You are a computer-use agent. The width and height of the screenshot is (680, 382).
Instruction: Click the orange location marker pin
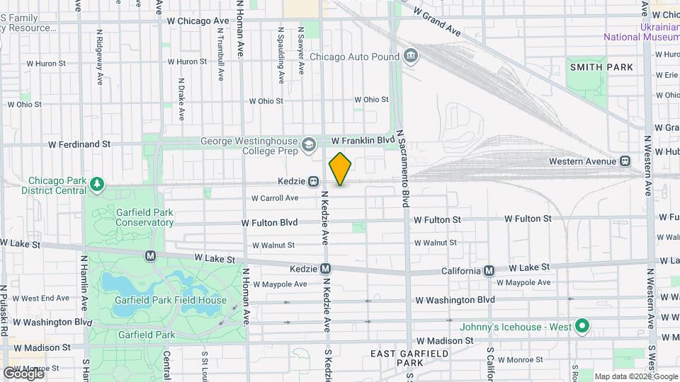click(x=340, y=169)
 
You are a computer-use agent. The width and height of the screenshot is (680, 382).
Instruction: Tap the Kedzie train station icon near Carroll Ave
click(x=312, y=181)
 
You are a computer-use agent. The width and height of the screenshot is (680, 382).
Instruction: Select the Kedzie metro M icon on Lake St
click(x=325, y=269)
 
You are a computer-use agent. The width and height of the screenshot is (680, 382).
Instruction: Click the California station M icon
click(x=489, y=270)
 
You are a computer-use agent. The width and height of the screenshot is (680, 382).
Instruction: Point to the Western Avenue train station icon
click(x=625, y=161)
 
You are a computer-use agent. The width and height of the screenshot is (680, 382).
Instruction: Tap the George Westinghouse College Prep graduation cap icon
click(x=308, y=146)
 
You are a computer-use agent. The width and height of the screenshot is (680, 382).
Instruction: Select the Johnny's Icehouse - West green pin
click(x=582, y=326)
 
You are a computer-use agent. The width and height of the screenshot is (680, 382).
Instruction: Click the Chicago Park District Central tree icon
click(x=97, y=185)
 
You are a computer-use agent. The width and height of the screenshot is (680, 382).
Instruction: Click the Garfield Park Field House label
click(x=171, y=300)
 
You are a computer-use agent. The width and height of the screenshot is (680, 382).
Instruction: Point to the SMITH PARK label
click(x=601, y=67)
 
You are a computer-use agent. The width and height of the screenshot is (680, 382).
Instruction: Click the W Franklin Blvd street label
click(x=362, y=141)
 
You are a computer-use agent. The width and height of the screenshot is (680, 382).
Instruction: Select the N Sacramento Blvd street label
click(x=403, y=168)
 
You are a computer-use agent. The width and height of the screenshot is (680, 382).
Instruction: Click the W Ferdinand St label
click(x=79, y=144)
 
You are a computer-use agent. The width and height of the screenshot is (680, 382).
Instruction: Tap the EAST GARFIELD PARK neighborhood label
click(x=410, y=357)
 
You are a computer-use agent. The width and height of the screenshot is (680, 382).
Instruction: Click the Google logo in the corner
click(x=23, y=373)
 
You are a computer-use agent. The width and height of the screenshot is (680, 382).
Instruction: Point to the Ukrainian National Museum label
click(x=641, y=32)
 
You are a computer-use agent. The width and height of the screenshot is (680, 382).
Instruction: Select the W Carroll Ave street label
click(x=274, y=198)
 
